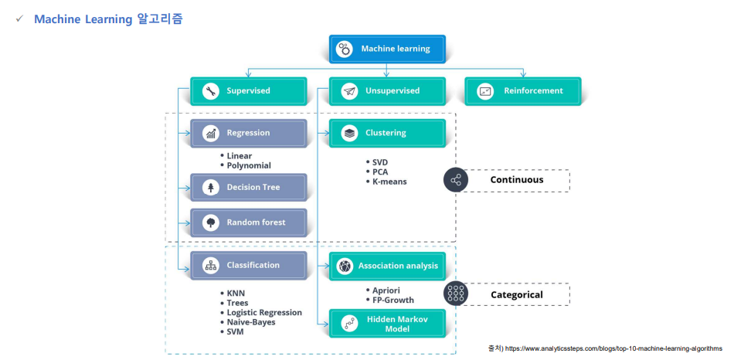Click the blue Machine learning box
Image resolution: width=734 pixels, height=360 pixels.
click(x=387, y=49)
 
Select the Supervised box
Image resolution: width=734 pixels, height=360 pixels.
click(x=249, y=91)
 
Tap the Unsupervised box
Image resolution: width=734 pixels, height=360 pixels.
click(x=387, y=91)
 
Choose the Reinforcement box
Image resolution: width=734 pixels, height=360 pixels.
click(x=523, y=91)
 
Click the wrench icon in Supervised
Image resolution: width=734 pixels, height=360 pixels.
click(x=211, y=91)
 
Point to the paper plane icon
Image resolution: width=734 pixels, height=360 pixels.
click(x=349, y=91)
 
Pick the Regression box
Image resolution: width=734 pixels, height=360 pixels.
click(x=249, y=133)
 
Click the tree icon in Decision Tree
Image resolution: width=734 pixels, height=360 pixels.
click(x=211, y=187)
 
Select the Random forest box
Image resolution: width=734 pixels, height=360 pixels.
click(x=249, y=222)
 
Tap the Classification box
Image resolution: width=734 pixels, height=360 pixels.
click(x=249, y=266)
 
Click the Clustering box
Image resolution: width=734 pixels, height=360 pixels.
click(x=387, y=133)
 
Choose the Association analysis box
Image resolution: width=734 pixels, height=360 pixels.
click(x=387, y=266)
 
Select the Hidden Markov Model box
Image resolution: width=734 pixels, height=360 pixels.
click(x=387, y=323)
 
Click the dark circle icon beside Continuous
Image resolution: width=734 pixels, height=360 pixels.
click(x=456, y=180)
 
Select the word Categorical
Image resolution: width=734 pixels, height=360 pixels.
click(x=517, y=295)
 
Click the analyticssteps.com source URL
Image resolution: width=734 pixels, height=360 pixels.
click(x=613, y=348)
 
